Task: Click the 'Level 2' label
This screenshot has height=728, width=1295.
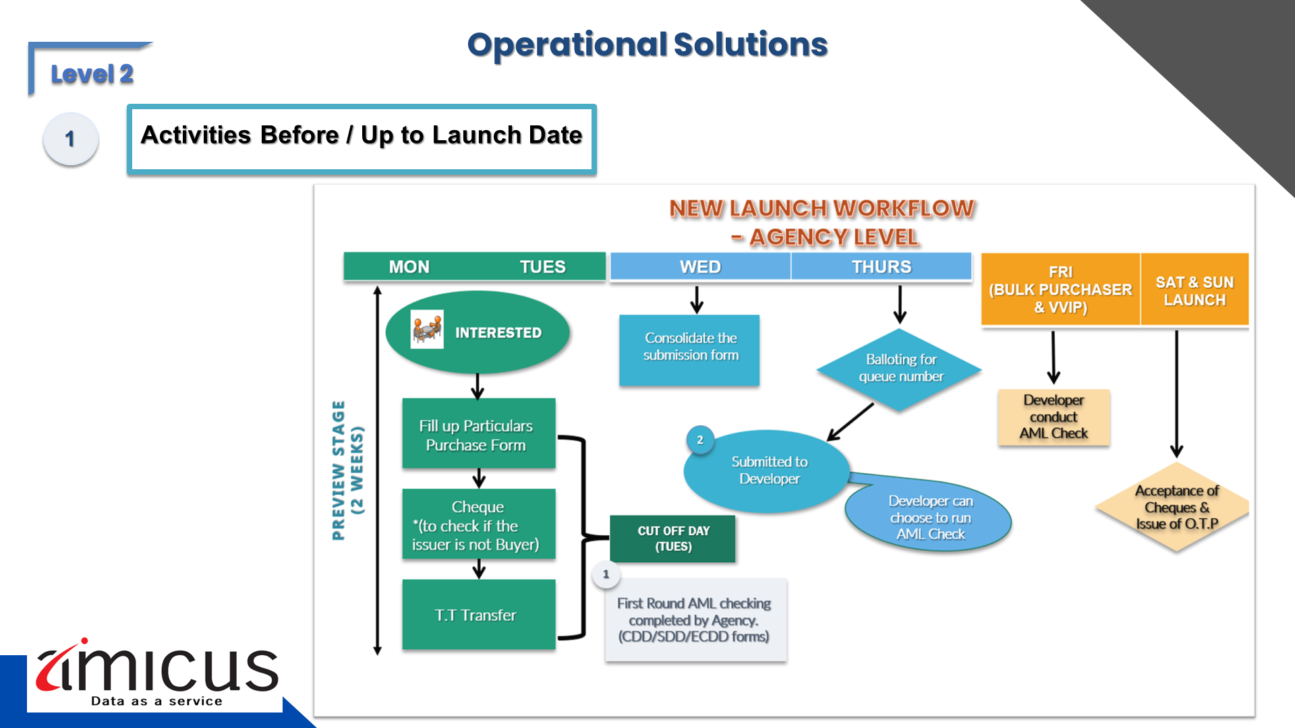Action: click(92, 74)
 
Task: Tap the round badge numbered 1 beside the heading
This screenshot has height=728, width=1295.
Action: click(71, 139)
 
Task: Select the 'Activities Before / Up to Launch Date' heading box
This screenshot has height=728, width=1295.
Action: click(362, 139)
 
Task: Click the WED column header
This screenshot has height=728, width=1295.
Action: click(700, 267)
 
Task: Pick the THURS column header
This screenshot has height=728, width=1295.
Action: click(881, 267)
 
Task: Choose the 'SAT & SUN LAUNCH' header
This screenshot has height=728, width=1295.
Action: click(1194, 291)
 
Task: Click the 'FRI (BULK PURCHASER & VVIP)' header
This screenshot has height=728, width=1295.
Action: click(1060, 290)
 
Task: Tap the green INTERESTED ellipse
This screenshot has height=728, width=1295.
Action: click(478, 332)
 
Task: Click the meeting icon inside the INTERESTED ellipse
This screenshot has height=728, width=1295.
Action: click(427, 330)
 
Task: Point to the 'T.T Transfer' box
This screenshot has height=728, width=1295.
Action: click(478, 614)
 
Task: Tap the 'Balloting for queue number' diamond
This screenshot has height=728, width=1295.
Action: click(900, 369)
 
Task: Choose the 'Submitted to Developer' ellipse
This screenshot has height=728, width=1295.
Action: click(768, 471)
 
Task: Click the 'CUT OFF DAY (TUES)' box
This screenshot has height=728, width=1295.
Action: click(672, 539)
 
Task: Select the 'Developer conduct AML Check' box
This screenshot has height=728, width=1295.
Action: click(1054, 417)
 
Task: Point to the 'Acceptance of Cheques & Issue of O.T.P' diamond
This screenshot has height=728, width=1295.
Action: click(1176, 507)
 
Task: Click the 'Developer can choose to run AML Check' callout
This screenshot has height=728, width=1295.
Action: click(929, 518)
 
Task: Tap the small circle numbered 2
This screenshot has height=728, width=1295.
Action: click(700, 440)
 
